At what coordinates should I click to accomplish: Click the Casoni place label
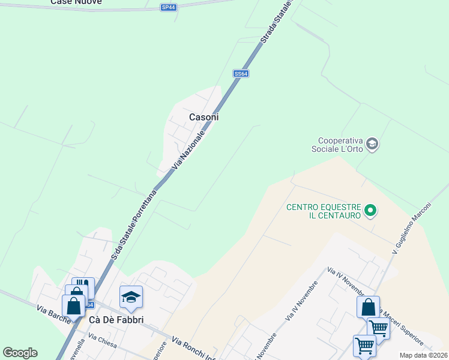(x=203, y=117)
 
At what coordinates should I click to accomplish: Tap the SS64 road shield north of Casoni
(x=241, y=73)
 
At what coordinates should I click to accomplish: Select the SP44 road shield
(x=169, y=7)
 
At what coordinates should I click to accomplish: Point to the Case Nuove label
(x=76, y=2)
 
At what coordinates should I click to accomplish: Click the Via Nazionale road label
(x=189, y=149)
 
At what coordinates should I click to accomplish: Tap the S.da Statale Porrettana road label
(x=134, y=226)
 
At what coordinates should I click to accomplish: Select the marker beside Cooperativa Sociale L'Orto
(x=372, y=143)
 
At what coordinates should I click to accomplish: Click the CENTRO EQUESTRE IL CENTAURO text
(x=324, y=211)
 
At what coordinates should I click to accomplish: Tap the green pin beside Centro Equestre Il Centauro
(x=370, y=210)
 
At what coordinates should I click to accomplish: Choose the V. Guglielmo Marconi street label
(x=412, y=228)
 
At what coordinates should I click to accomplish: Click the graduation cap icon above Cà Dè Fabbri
(x=131, y=296)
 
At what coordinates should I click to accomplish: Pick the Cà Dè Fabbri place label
(x=116, y=320)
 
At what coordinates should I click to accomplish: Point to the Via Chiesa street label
(x=102, y=342)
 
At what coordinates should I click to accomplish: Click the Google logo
(x=20, y=353)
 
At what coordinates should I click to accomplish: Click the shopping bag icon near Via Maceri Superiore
(x=368, y=307)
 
